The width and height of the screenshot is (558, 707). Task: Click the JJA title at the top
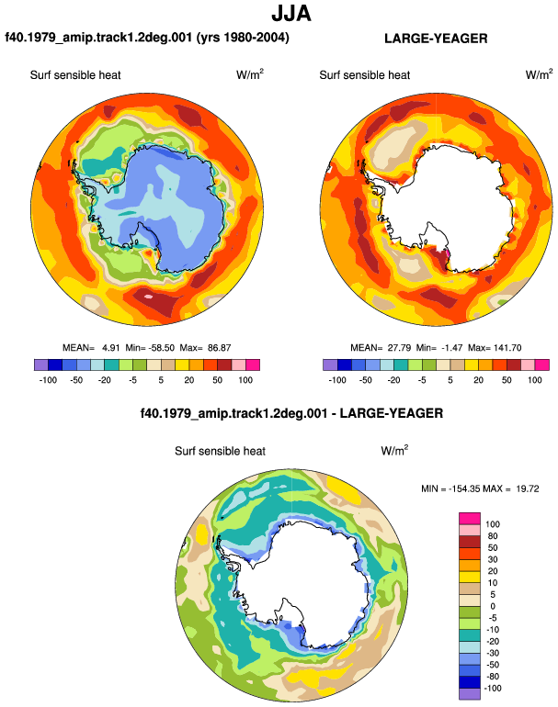tap(291, 14)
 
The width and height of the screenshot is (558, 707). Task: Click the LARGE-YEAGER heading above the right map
tap(436, 39)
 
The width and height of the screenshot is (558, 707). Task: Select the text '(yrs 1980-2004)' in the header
tap(243, 37)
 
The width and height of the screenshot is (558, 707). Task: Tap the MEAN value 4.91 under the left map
tap(111, 348)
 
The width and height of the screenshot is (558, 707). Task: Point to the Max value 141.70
tap(508, 348)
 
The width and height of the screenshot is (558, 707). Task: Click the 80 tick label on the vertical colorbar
tap(493, 536)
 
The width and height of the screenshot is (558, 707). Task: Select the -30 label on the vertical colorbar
tap(492, 654)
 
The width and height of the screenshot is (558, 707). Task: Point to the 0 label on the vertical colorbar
tap(493, 606)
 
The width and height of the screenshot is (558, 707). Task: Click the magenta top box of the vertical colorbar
tap(470, 518)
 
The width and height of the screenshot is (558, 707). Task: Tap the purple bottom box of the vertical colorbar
tap(470, 694)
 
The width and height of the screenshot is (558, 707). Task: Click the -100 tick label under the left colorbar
tap(49, 380)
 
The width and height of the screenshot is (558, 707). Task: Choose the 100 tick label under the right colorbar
tap(534, 380)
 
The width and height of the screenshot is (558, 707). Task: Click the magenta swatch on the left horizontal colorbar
tap(253, 365)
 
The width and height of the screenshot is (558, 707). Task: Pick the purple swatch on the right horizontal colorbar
tap(330, 365)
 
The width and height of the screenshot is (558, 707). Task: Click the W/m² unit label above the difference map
tap(394, 450)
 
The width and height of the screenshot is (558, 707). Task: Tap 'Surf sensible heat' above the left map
tap(75, 75)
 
